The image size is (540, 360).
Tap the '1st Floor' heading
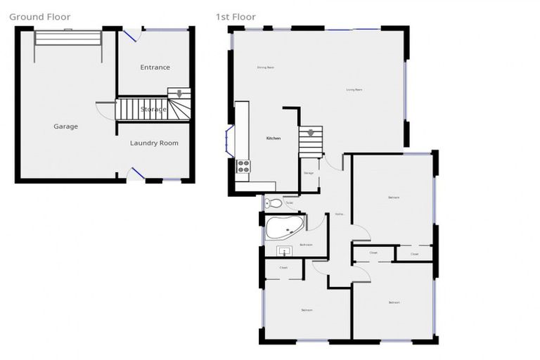[x=236, y=17]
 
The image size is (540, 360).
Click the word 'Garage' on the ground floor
[x=65, y=127]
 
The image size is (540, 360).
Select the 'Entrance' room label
[x=155, y=67]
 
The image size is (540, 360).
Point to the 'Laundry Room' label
[x=154, y=143]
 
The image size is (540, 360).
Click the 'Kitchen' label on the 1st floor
[x=273, y=139]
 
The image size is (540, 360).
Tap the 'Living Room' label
[x=354, y=89]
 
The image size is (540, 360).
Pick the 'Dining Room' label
[x=265, y=67]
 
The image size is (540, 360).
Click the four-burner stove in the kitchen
[x=243, y=167]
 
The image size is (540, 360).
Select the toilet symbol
[x=275, y=203]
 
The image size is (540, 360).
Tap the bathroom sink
[x=284, y=250]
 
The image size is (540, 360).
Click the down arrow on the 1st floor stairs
[x=310, y=132]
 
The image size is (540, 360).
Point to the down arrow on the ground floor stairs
[x=179, y=93]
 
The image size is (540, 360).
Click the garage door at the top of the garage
[x=68, y=37]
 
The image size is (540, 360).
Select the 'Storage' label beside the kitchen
[x=308, y=172]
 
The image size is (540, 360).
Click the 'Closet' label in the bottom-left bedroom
[x=283, y=268]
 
